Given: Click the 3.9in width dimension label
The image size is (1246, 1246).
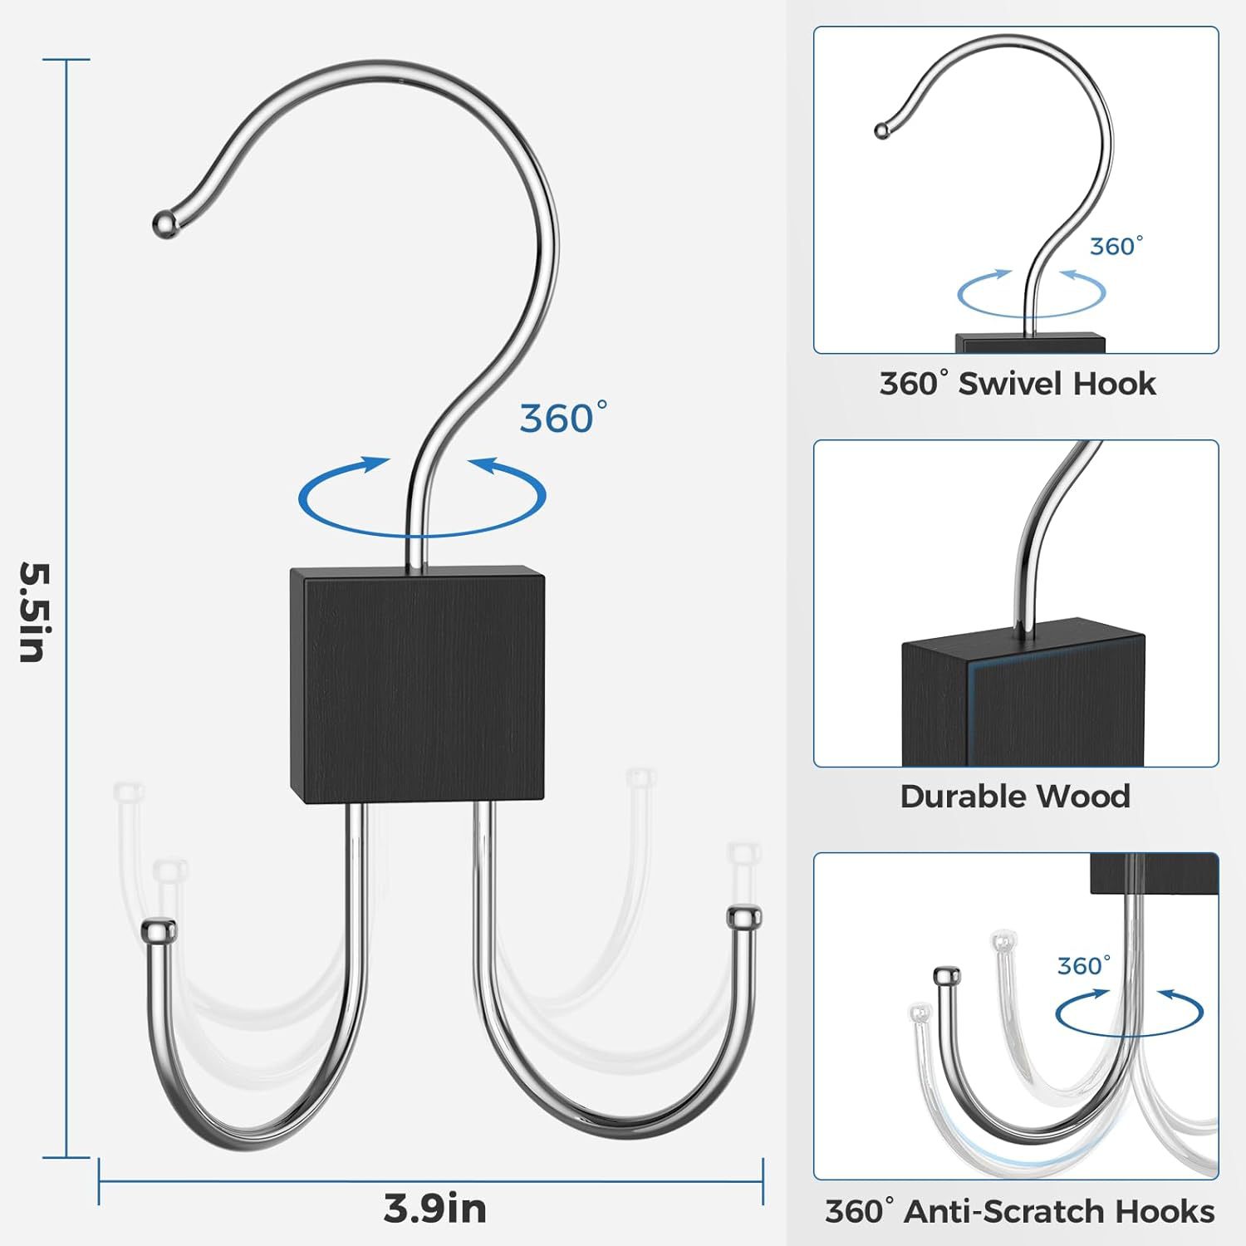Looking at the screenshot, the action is pyautogui.click(x=434, y=1208).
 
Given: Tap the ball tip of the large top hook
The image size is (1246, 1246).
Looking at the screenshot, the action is pyautogui.click(x=165, y=223).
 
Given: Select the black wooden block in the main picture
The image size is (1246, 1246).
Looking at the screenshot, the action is pyautogui.click(x=416, y=684).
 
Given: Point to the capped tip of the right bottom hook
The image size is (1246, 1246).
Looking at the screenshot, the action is pyautogui.click(x=743, y=917).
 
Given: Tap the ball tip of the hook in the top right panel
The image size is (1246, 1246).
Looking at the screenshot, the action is pyautogui.click(x=881, y=130).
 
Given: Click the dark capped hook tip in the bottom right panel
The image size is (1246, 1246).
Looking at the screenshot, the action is pyautogui.click(x=946, y=976).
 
